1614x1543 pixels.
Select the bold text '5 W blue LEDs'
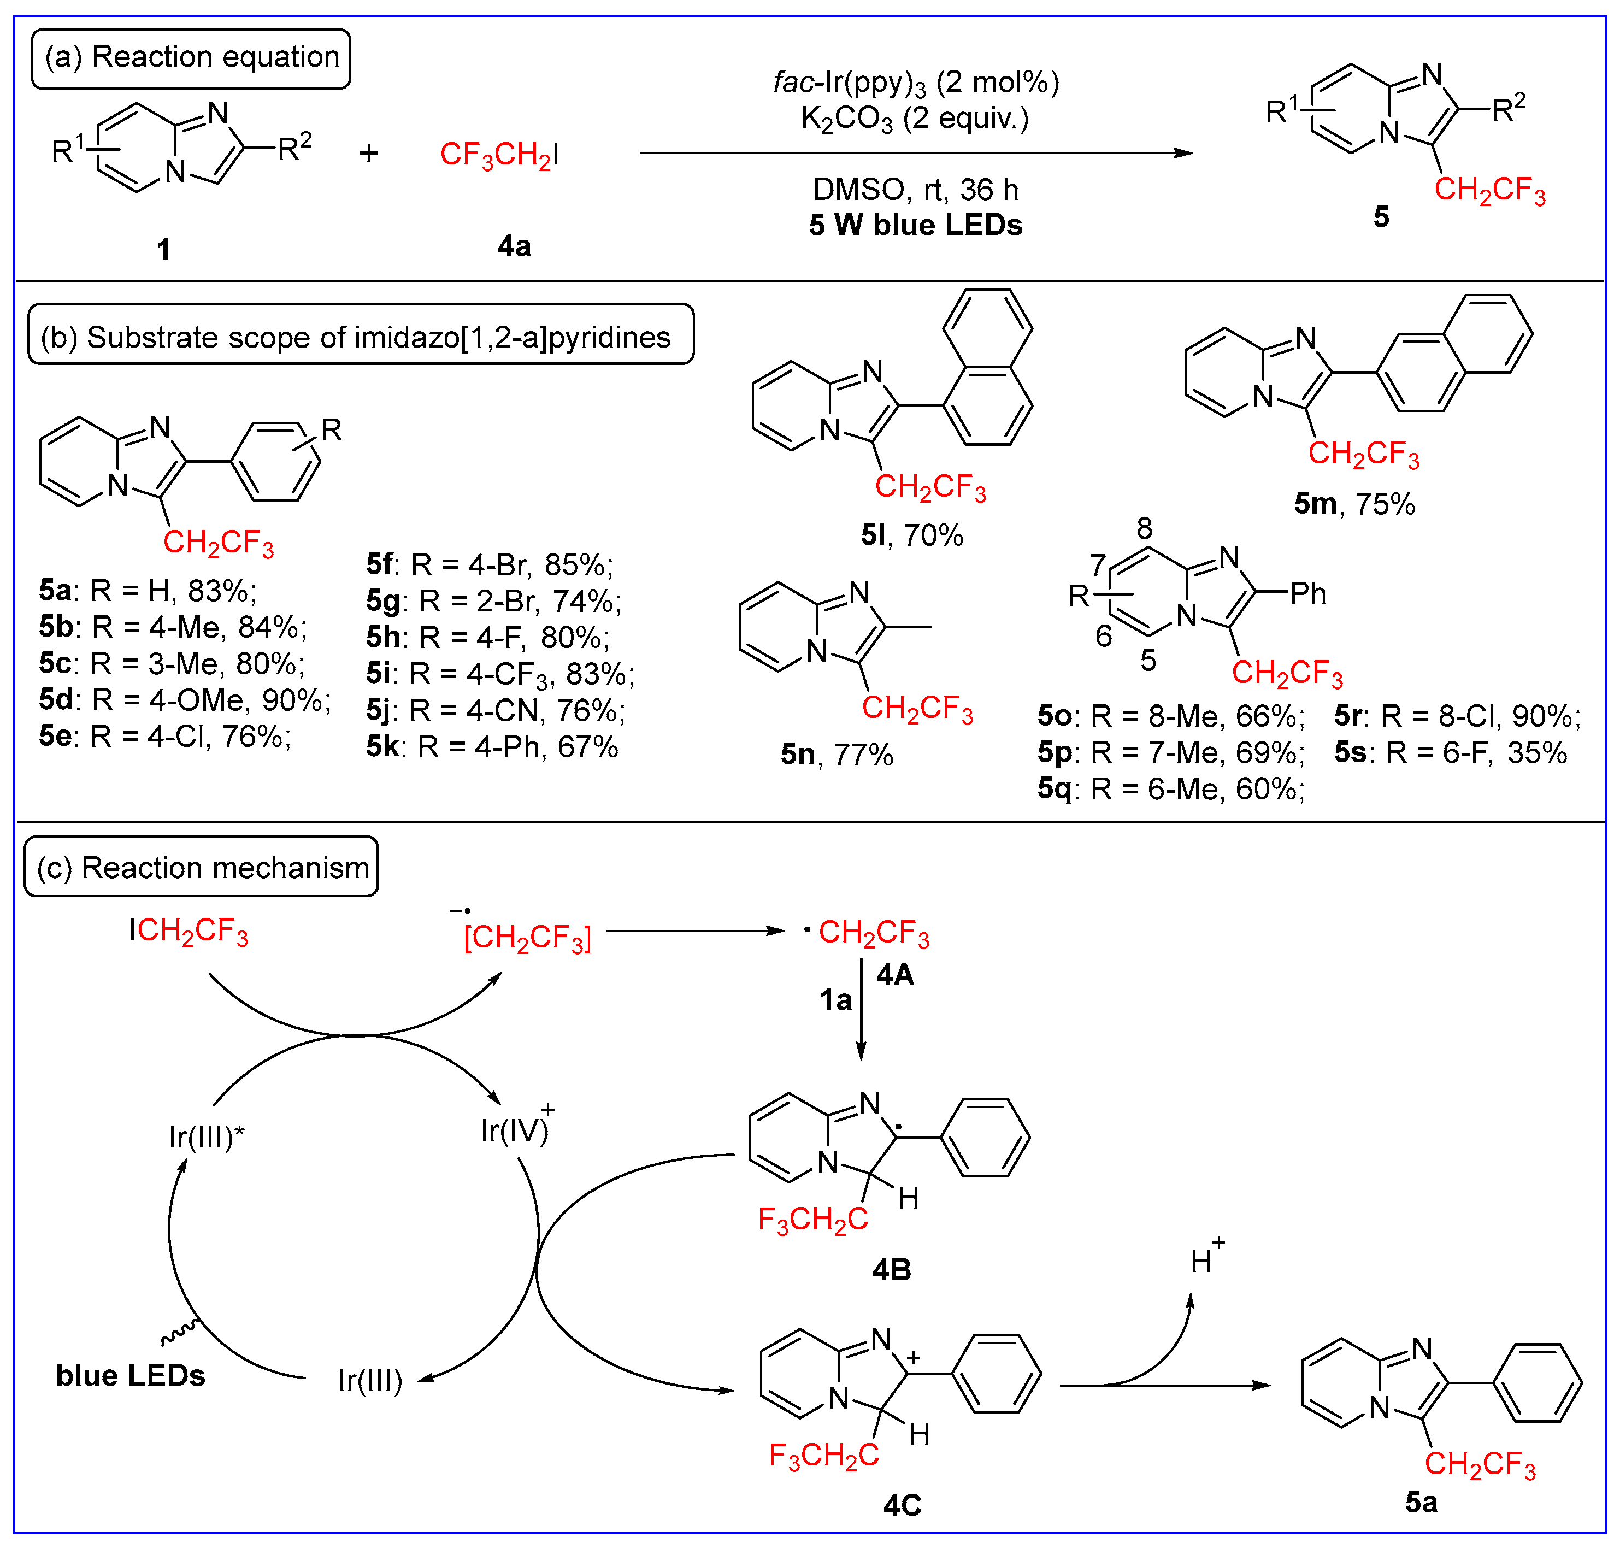915,225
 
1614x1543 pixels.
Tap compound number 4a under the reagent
514,246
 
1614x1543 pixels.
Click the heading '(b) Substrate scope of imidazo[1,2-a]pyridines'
360,337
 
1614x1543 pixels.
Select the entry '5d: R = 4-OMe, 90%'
184,700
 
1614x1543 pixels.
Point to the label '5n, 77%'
837,754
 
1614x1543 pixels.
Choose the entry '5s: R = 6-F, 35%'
1450,752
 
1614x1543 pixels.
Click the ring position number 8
1144,528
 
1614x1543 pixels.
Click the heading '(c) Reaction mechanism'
202,868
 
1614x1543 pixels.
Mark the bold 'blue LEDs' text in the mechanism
130,1376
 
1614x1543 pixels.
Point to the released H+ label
1206,1258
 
